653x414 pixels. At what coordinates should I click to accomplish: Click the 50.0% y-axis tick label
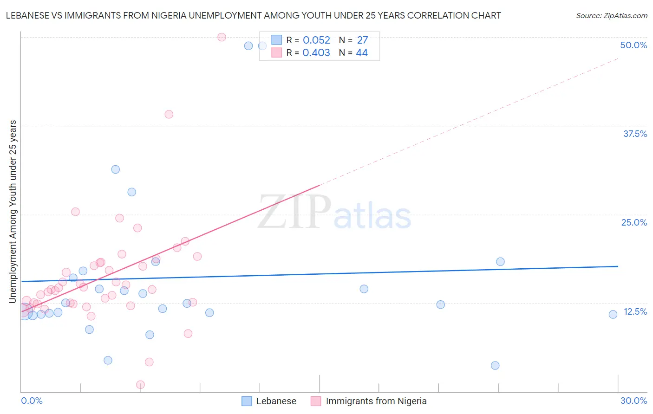[633, 45]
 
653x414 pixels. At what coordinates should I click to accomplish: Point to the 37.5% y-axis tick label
[634, 134]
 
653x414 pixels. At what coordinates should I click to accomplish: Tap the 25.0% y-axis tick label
[633, 222]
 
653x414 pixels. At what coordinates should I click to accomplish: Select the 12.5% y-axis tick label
[635, 311]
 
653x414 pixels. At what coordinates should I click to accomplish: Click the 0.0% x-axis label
[32, 401]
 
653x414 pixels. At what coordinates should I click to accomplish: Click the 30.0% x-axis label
[633, 401]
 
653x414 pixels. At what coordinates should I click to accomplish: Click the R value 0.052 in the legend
[316, 40]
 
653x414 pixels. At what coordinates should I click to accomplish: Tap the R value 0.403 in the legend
[316, 53]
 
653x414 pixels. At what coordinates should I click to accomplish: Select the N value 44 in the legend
[362, 53]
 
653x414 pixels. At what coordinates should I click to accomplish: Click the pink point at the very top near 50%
[222, 37]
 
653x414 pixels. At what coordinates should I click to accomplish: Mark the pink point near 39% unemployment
[169, 114]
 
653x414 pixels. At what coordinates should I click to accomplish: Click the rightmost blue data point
[613, 314]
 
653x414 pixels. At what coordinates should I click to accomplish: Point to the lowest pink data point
[140, 385]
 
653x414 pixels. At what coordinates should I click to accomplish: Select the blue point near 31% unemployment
[116, 169]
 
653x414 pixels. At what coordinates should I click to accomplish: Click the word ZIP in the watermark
[294, 212]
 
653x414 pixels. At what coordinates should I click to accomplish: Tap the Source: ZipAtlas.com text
[611, 16]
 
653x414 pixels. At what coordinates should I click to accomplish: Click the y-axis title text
[13, 212]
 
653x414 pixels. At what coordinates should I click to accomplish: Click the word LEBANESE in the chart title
[28, 15]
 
